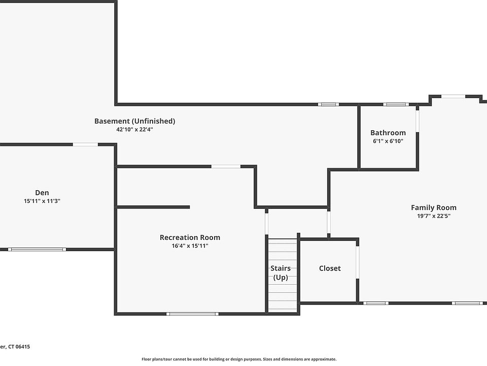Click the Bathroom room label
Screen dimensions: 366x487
click(x=388, y=133)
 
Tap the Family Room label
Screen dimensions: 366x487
click(x=433, y=207)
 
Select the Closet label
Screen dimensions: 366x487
click(x=330, y=268)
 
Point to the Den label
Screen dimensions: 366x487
click(x=42, y=193)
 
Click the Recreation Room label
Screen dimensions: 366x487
click(x=190, y=237)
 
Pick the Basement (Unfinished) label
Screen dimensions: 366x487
click(x=134, y=121)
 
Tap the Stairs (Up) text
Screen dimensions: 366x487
click(x=281, y=273)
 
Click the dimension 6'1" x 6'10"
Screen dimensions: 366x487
click(x=388, y=141)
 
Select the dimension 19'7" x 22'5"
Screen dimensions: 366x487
click(x=433, y=216)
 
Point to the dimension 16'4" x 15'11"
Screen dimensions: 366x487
click(x=190, y=246)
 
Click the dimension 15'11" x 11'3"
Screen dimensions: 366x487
click(x=42, y=201)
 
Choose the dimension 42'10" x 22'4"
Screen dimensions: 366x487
click(x=134, y=130)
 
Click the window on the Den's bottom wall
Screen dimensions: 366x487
click(x=37, y=249)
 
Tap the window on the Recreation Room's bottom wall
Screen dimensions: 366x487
click(x=193, y=314)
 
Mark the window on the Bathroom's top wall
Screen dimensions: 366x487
click(x=396, y=104)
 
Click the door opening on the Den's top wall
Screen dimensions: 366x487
click(x=85, y=144)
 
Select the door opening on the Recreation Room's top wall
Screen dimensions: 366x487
click(x=226, y=166)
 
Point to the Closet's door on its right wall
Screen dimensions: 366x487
click(x=358, y=263)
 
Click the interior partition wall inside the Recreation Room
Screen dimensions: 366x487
click(x=153, y=207)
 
